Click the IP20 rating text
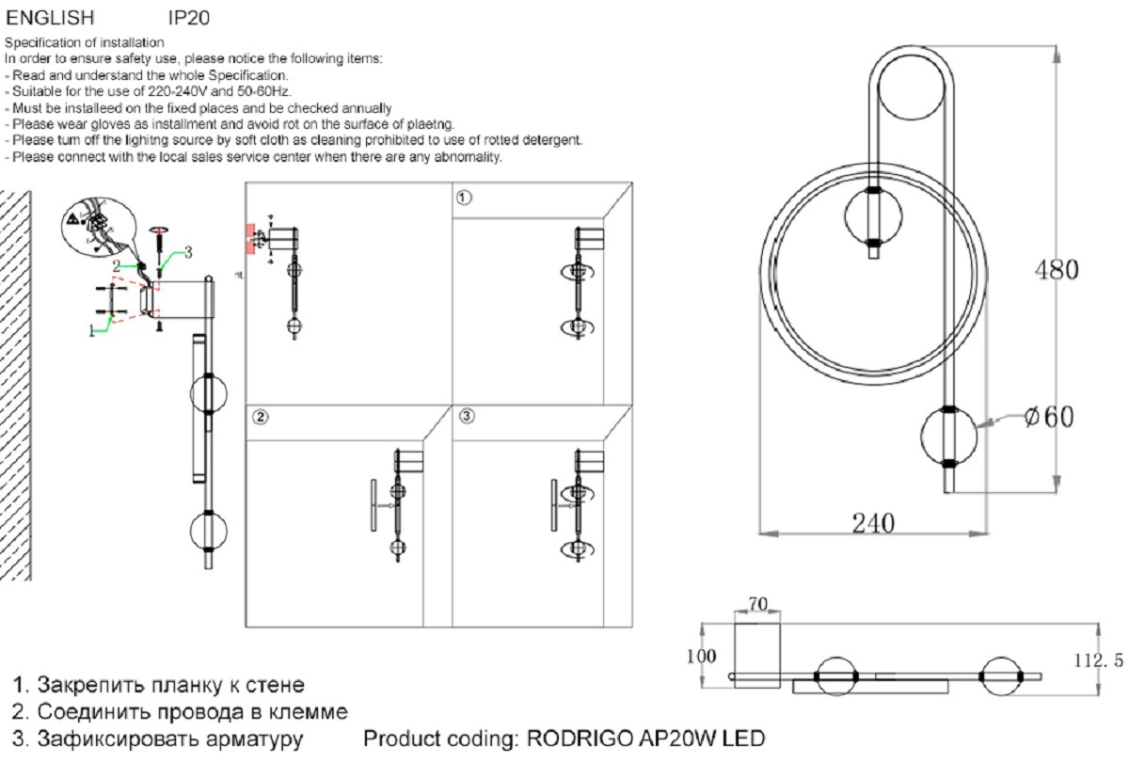[188, 18]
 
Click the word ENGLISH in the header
[50, 18]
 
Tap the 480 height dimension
[1057, 270]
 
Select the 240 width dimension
[873, 523]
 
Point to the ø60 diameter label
[1049, 417]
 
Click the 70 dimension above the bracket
[758, 604]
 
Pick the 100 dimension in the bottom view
[701, 656]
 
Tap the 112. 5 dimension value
[1099, 660]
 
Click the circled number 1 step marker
[464, 198]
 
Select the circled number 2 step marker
[260, 417]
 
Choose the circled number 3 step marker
[467, 416]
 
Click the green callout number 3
[188, 252]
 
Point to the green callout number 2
[117, 265]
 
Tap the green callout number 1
[92, 331]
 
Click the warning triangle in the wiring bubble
[72, 218]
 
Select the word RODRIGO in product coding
[580, 739]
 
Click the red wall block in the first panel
[250, 239]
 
